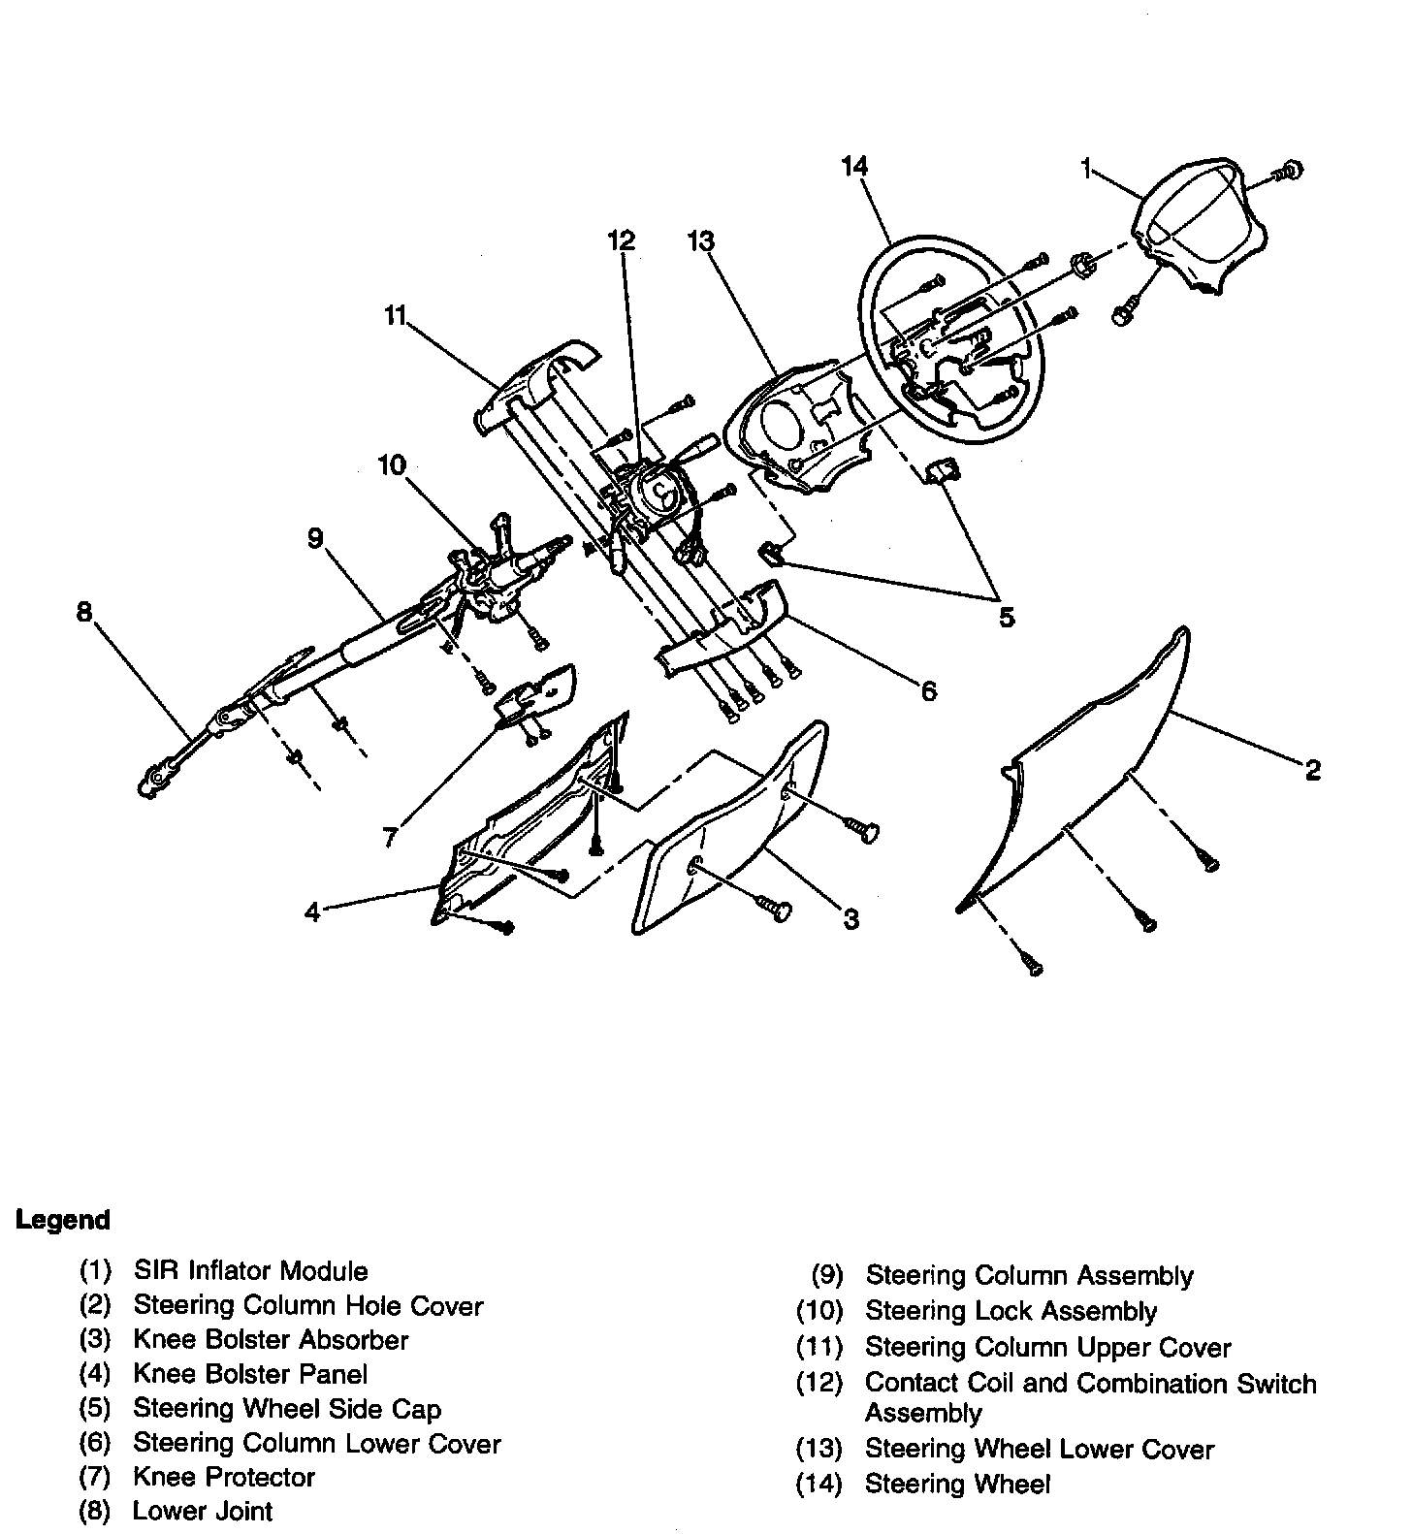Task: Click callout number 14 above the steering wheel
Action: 854,167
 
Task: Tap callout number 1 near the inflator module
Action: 1087,171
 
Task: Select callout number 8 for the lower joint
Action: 84,612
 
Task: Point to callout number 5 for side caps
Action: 1007,617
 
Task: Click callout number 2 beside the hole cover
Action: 1312,770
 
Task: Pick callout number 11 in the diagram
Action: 394,316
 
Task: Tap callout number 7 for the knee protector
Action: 390,836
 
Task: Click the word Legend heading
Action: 63,1220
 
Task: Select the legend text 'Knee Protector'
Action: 224,1477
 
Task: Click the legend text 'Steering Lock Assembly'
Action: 1011,1311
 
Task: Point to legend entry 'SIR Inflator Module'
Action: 250,1270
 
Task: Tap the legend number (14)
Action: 819,1484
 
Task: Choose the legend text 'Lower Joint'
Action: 203,1511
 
